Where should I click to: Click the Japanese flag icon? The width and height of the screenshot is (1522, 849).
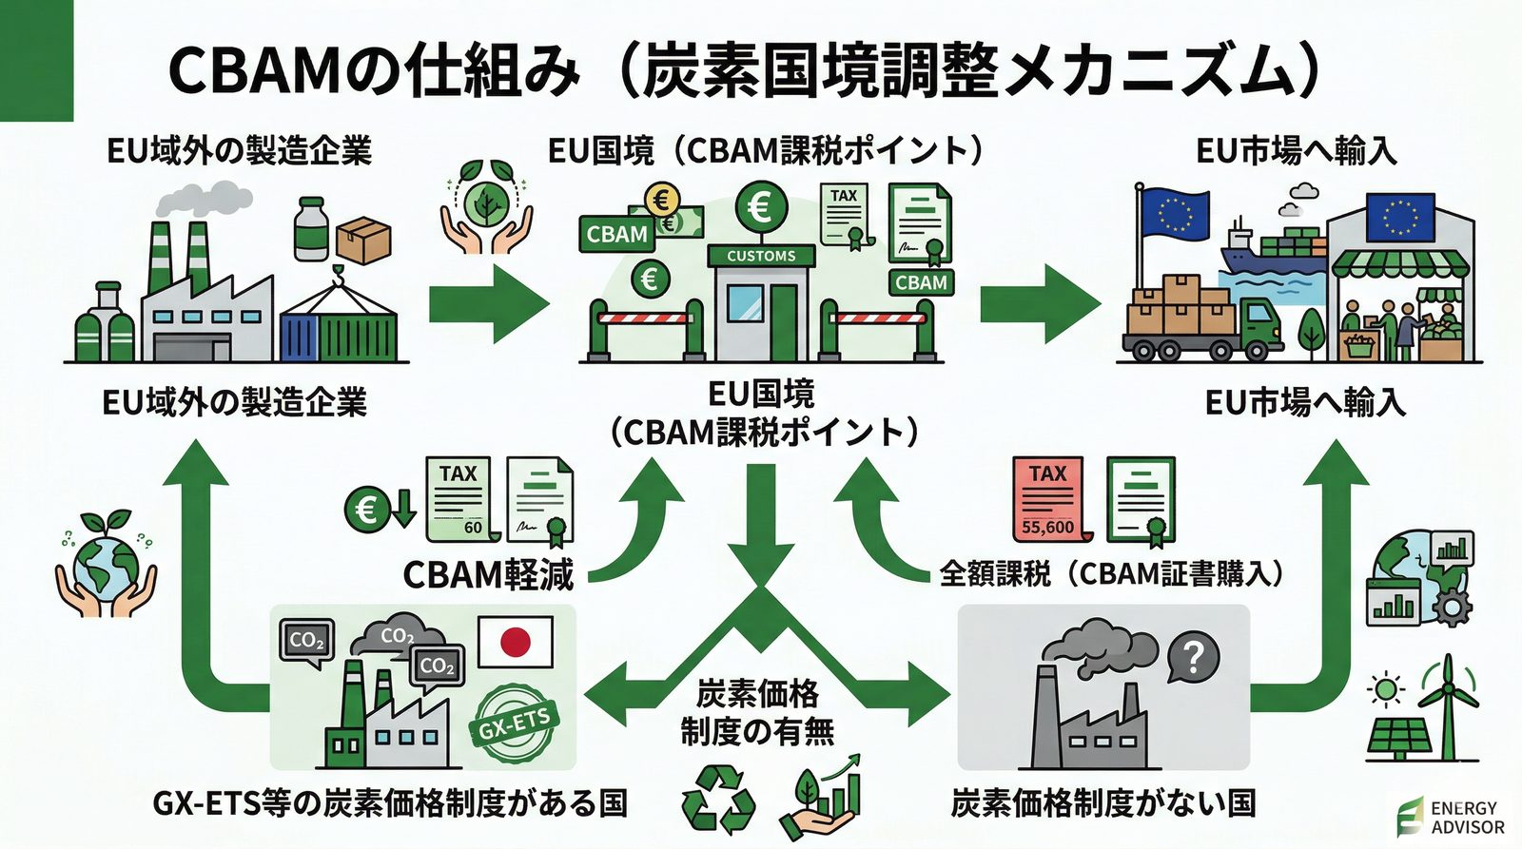[x=515, y=642]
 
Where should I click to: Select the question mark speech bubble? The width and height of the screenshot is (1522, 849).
[x=1195, y=657]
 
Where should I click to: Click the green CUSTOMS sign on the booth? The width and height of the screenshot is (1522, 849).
[x=761, y=256]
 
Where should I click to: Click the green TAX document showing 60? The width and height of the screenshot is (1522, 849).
[x=459, y=500]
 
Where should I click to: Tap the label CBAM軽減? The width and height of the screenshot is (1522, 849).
[x=488, y=575]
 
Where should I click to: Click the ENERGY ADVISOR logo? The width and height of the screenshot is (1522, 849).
[x=1451, y=817]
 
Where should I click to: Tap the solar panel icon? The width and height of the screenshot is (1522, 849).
[x=1395, y=738]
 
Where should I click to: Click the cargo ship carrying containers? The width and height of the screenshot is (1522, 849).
[x=1270, y=248]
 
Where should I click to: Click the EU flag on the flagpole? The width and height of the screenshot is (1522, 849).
[x=1175, y=215]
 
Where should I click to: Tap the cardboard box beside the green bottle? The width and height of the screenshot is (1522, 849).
[x=363, y=239]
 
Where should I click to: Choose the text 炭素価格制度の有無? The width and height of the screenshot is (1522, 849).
[x=757, y=712]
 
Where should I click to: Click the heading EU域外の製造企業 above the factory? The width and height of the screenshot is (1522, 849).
[x=239, y=151]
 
